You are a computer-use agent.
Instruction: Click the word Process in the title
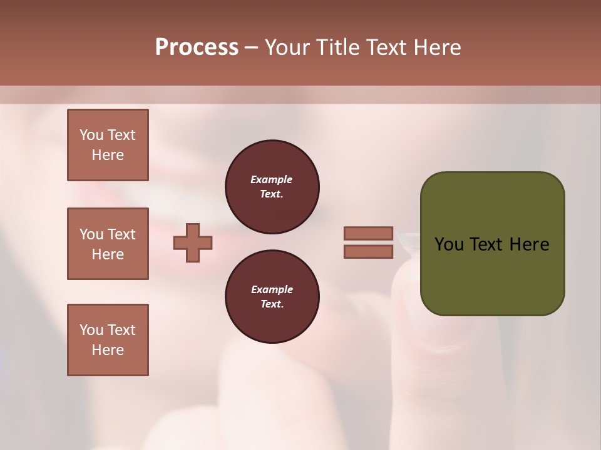pyautogui.click(x=197, y=47)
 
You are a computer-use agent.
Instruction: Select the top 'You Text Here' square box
pyautogui.click(x=108, y=145)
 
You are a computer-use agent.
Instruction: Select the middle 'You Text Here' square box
pyautogui.click(x=108, y=244)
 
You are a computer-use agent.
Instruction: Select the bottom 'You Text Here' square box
pyautogui.click(x=108, y=340)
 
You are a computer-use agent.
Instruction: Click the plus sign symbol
pyautogui.click(x=193, y=242)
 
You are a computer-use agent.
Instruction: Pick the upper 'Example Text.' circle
pyautogui.click(x=272, y=187)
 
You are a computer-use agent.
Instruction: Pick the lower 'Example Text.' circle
pyautogui.click(x=272, y=297)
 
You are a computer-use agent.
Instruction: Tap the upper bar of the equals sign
pyautogui.click(x=368, y=234)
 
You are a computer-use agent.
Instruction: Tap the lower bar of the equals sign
pyautogui.click(x=368, y=251)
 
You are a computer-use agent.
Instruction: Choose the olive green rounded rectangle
pyautogui.click(x=492, y=275)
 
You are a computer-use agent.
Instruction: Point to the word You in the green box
pyautogui.click(x=448, y=244)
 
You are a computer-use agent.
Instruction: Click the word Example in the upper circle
pyautogui.click(x=272, y=179)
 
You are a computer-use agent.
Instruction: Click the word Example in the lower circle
pyautogui.click(x=272, y=289)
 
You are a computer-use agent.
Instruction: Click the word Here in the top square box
pyautogui.click(x=108, y=155)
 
